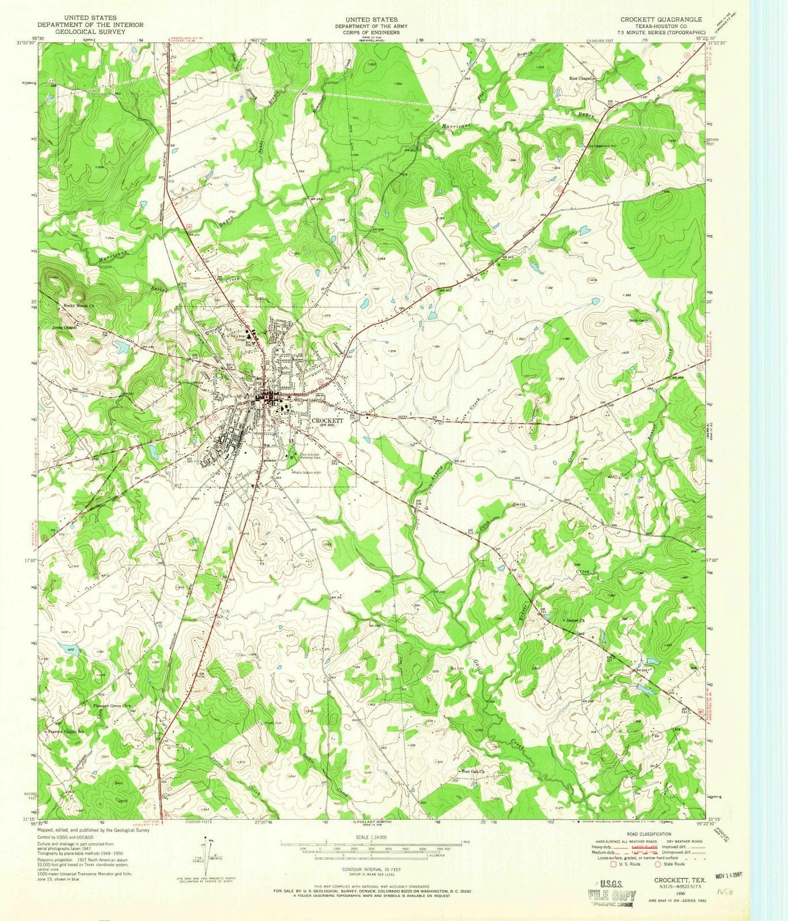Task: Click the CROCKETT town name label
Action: point(327,420)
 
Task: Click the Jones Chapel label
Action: point(64,326)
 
